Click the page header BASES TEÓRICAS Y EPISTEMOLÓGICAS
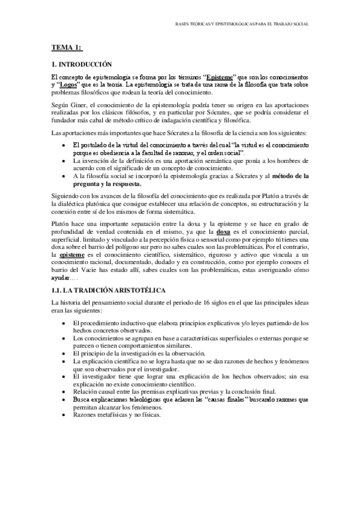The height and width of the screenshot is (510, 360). point(241,25)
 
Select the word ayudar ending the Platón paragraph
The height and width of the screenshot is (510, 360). point(61,278)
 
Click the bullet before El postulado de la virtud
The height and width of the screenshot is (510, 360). point(64,146)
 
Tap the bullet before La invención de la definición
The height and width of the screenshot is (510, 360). point(64,162)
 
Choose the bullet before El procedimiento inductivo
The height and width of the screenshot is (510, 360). point(64,323)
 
